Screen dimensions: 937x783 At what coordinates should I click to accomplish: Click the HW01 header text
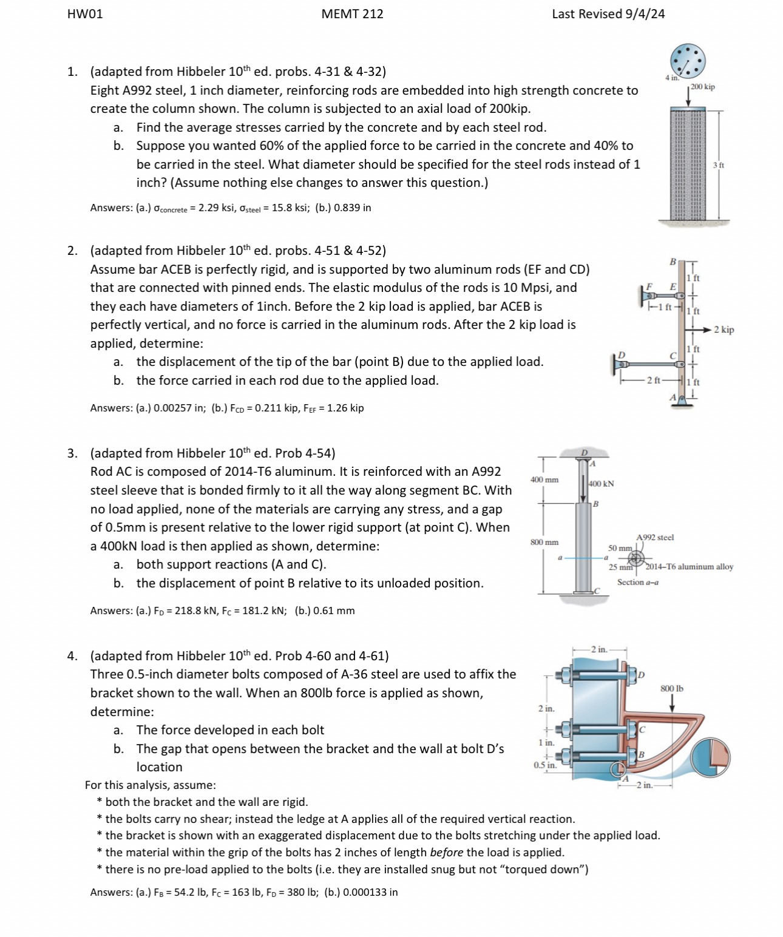[85, 14]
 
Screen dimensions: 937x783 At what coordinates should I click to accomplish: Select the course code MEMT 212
[352, 14]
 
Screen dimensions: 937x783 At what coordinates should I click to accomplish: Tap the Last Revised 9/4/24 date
[608, 14]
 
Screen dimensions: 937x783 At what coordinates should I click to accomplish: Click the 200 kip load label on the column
[703, 87]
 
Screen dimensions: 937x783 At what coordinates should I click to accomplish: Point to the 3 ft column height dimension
[718, 165]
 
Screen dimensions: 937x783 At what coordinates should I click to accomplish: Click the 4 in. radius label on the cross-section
[671, 78]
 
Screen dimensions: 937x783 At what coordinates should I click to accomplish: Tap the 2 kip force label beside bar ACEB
[724, 330]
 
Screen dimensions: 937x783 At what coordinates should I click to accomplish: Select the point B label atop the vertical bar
[672, 262]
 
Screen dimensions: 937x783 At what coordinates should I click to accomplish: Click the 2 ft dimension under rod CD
[653, 381]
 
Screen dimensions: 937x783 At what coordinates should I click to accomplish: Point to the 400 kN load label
[602, 484]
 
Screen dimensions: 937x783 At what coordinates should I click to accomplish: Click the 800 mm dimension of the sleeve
[544, 542]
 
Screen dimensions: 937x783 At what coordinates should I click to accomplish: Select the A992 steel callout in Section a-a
[655, 537]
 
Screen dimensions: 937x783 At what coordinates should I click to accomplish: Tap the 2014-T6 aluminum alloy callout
[689, 567]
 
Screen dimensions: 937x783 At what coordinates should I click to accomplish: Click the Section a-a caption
[637, 582]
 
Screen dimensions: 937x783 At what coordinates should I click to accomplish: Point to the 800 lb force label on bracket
[672, 688]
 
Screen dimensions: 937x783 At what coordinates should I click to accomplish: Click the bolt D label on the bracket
[641, 675]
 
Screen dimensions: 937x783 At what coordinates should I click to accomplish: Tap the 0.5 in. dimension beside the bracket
[544, 765]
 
